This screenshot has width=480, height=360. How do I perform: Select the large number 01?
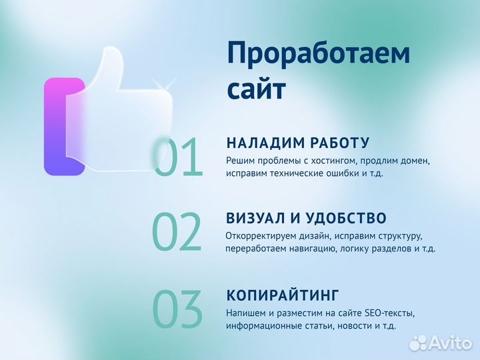178,158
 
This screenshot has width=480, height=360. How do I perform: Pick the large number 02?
177,233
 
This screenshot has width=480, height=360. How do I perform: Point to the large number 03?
177,309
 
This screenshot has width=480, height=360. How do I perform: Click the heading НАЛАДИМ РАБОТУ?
297,143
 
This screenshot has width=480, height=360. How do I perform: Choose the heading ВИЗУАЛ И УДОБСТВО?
306,218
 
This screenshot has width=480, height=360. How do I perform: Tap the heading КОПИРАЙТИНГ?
283,295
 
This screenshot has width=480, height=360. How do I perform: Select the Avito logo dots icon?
418,343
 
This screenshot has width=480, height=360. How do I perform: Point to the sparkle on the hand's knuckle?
163,87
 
